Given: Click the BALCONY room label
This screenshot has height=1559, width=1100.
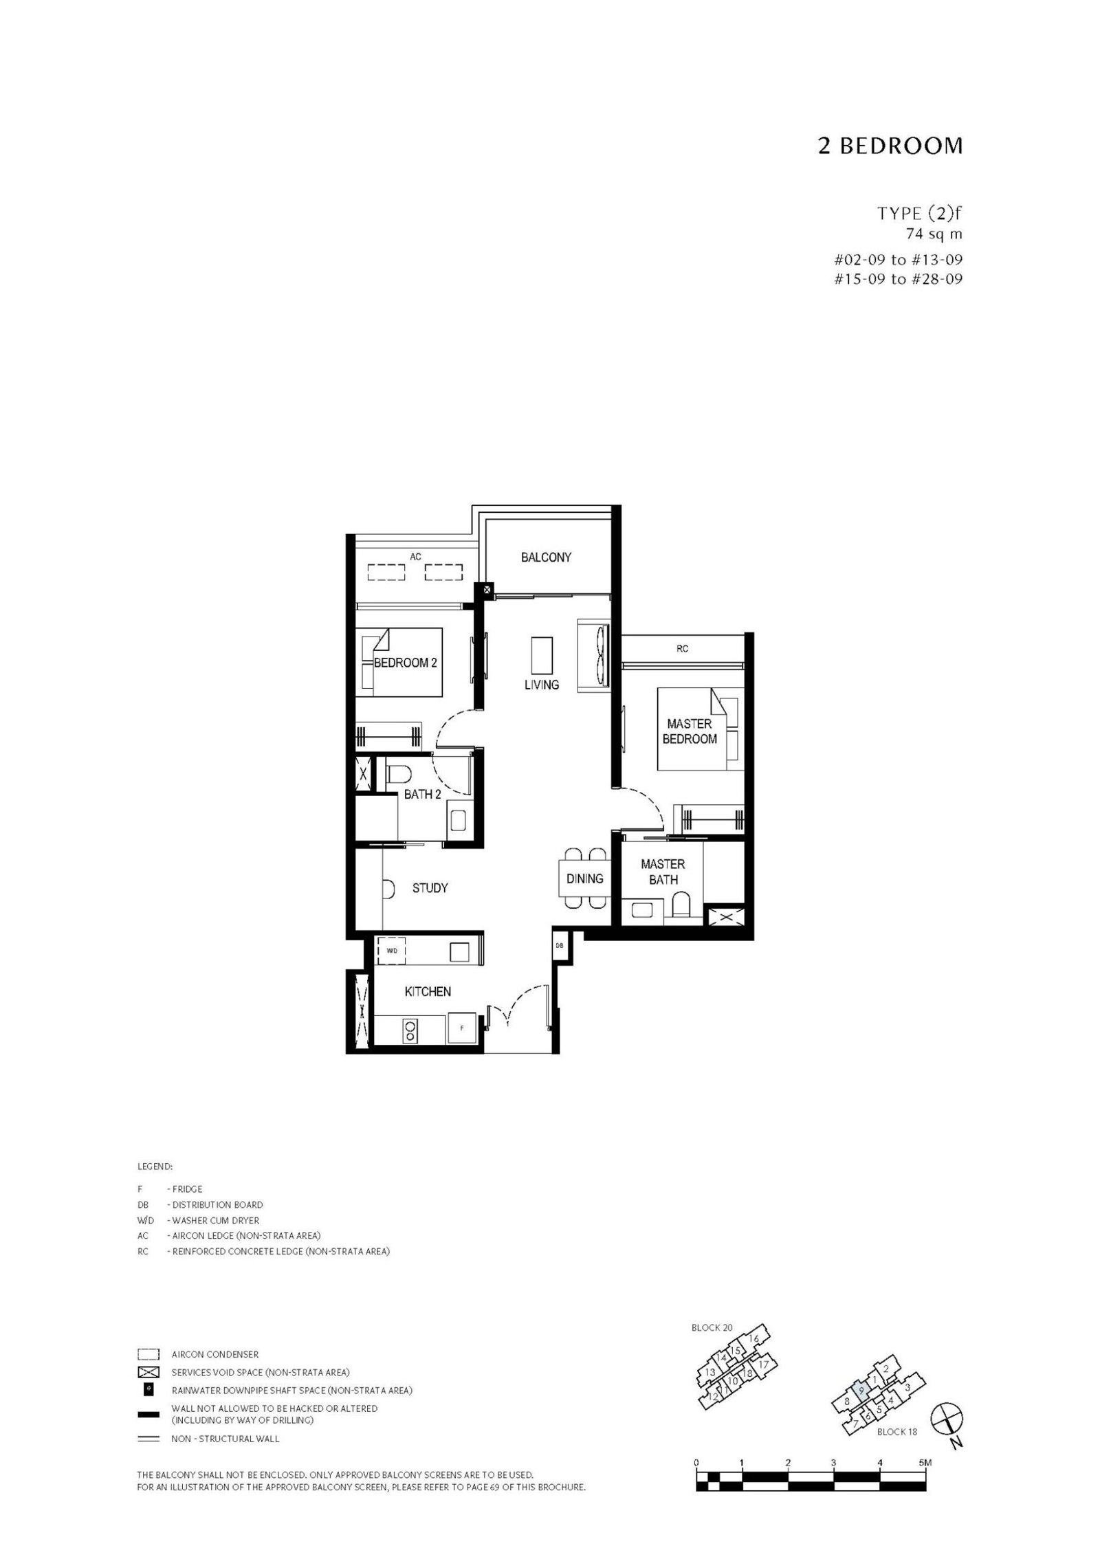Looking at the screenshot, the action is click(x=546, y=557).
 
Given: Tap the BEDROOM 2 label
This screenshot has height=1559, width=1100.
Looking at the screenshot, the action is click(x=405, y=663).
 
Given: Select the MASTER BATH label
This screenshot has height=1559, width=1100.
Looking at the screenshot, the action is click(x=663, y=872).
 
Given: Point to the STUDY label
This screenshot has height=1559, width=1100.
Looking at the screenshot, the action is click(x=430, y=888).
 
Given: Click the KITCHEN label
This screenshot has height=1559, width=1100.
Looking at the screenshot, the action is click(x=428, y=991).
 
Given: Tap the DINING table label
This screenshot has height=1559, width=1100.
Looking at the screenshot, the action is click(x=584, y=878).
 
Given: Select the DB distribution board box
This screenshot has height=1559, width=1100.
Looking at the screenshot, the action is click(x=560, y=945).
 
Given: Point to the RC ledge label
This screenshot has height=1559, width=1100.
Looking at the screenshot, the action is click(x=682, y=648).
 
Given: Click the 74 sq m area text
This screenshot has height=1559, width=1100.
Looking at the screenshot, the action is click(x=934, y=234).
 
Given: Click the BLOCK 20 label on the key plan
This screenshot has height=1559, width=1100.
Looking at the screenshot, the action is click(x=712, y=1328).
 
